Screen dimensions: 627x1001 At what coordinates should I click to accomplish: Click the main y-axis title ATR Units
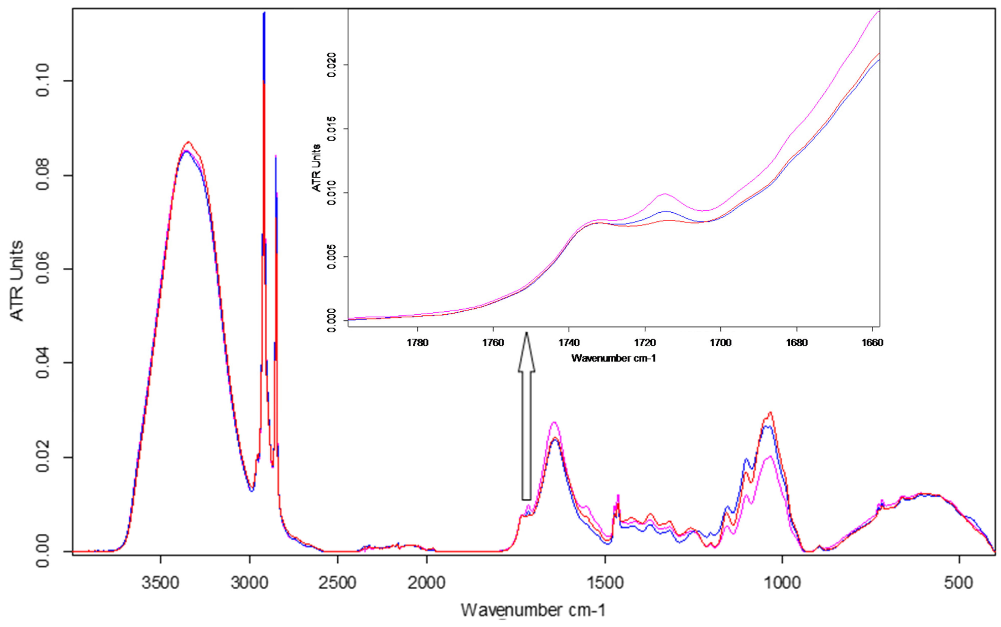click(x=16, y=280)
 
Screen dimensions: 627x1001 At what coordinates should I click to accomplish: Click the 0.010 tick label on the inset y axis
click(x=331, y=193)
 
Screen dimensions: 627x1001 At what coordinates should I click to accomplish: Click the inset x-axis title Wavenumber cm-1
click(x=613, y=358)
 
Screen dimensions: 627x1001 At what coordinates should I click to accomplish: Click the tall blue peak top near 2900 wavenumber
click(x=264, y=13)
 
